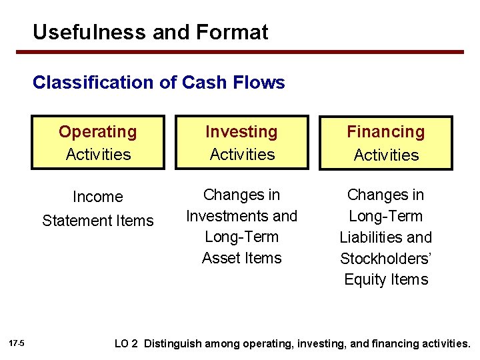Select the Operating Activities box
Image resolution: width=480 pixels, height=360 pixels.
98,143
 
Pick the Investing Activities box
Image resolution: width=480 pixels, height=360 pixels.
242,143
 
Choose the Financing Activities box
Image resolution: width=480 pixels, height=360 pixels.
385,143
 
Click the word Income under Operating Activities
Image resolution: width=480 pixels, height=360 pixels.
98,197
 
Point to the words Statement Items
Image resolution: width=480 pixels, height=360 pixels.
98,221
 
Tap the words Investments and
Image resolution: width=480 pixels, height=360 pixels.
242,216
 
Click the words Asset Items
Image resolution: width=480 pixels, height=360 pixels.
242,258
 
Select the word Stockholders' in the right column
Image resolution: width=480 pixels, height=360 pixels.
385,259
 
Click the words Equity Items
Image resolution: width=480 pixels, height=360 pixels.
385,279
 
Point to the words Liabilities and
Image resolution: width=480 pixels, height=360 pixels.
385,237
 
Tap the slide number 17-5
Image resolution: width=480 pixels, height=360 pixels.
17,343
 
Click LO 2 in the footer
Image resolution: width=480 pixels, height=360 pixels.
126,344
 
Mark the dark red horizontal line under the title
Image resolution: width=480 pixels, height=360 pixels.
248,52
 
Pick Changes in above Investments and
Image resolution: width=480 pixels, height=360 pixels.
242,195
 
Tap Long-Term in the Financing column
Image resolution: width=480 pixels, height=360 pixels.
385,216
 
